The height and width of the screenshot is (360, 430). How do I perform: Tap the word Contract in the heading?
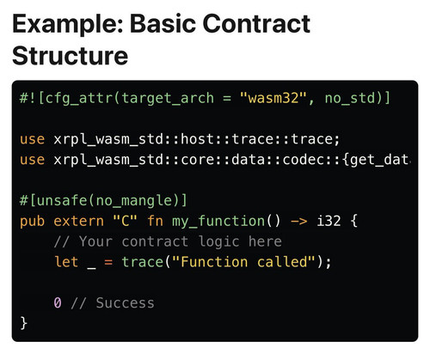point(257,23)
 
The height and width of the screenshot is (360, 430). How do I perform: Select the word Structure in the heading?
point(70,56)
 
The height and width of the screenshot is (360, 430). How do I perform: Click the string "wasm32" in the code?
point(273,98)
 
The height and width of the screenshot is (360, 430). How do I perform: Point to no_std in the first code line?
point(349,99)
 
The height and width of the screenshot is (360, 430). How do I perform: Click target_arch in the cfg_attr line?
point(168,99)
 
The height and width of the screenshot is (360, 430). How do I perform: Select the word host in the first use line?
point(198,139)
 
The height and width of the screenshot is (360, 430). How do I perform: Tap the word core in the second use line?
point(198,160)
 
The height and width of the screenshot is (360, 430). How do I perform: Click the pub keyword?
point(32,222)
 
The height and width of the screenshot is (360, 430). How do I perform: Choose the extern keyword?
point(78,222)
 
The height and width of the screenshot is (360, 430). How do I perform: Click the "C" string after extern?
point(125,221)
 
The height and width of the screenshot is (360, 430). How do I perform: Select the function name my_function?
point(218,222)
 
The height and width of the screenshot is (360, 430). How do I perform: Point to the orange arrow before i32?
point(299,222)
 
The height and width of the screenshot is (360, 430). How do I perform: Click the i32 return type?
point(329,221)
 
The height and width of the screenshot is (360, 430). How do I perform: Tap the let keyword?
point(66,262)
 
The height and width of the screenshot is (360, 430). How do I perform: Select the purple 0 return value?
point(58,302)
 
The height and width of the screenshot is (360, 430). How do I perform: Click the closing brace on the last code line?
point(23,323)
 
